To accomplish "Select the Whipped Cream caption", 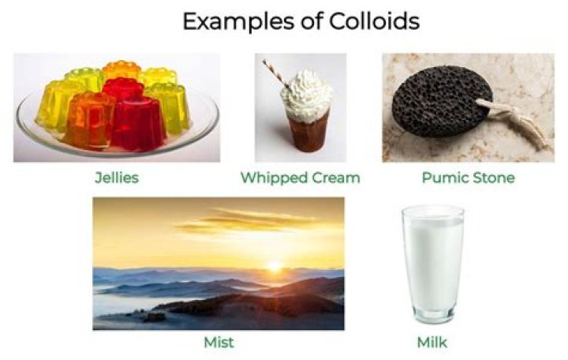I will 300,178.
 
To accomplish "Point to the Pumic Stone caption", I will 468,178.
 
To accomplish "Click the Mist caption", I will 218,343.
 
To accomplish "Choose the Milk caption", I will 432,343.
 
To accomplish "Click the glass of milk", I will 432,264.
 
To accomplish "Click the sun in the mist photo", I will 275,267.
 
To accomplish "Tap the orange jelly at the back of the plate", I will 121,71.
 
